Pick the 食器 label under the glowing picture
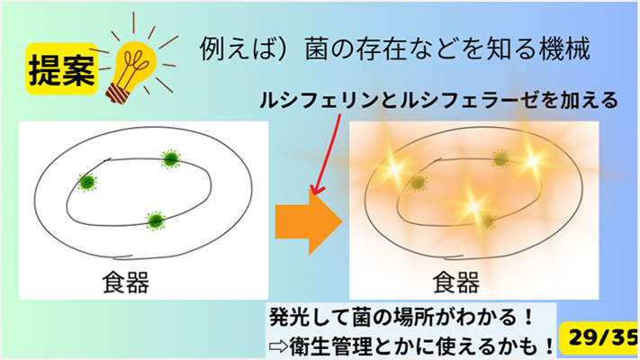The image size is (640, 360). point(455,283)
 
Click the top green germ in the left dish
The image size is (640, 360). point(170,158)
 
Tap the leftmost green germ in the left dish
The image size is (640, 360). point(87,182)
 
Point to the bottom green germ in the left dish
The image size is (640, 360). point(156,219)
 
